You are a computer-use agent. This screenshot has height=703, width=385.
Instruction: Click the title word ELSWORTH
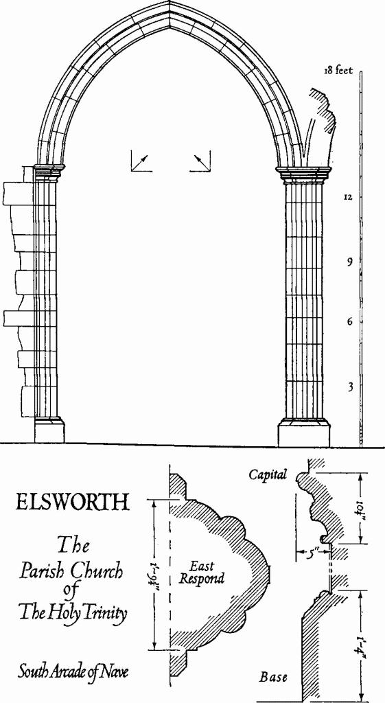[72, 503]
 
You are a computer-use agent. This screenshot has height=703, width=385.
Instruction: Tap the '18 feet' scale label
[340, 70]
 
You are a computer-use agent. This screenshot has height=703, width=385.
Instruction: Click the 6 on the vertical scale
[349, 321]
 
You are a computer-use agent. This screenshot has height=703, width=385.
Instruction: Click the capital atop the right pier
[303, 174]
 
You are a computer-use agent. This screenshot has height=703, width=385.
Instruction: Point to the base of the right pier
[303, 433]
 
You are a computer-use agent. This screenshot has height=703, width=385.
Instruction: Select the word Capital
[268, 474]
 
